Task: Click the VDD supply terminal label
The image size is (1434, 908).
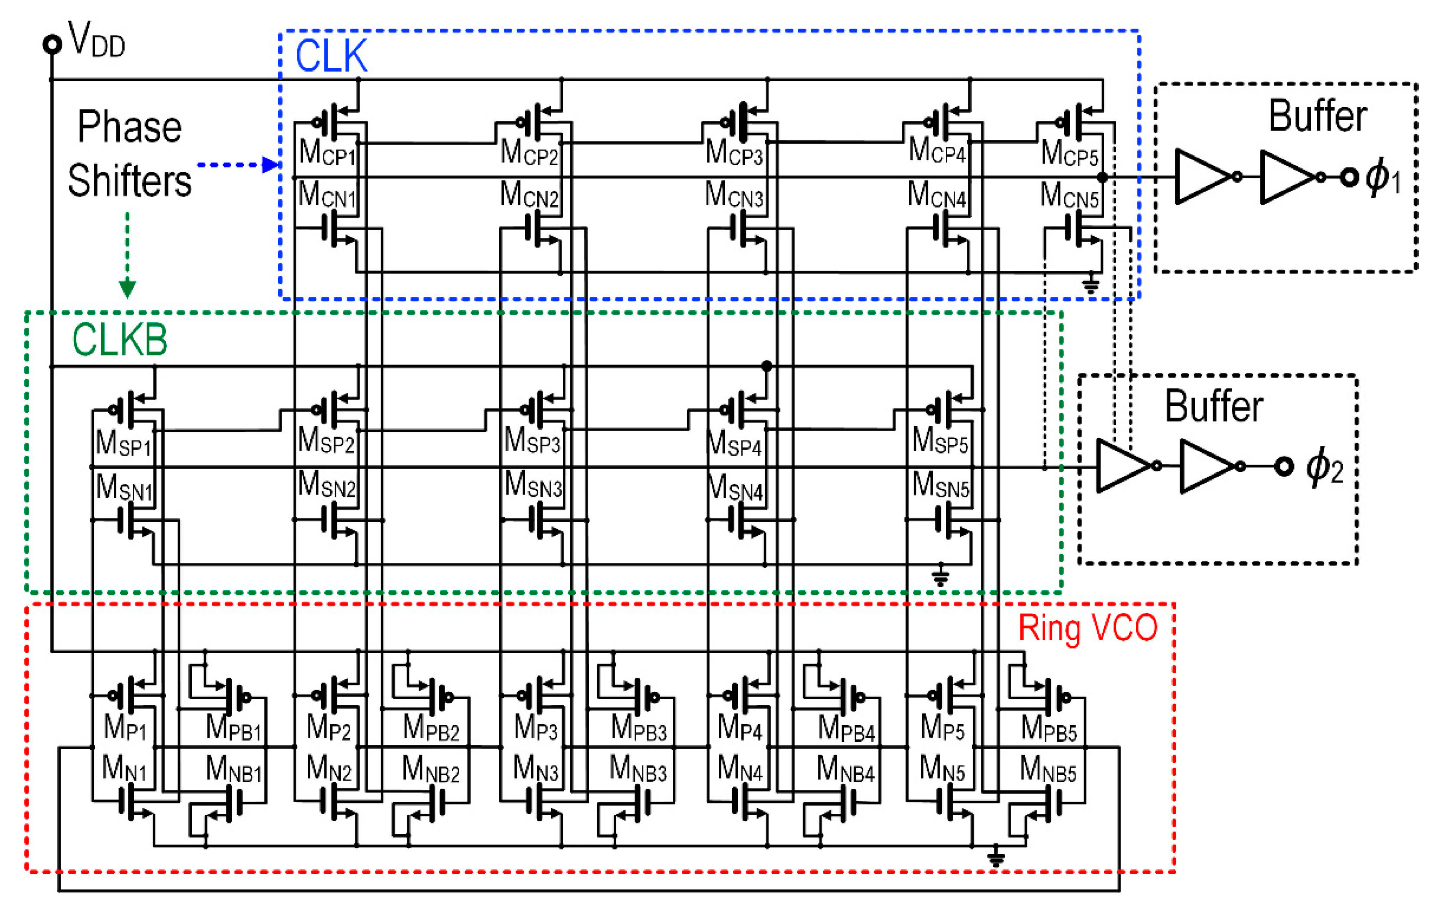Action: tap(95, 40)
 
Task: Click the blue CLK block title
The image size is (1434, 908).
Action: tap(331, 56)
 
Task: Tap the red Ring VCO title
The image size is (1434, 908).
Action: tap(1087, 628)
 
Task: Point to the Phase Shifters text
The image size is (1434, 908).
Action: tap(129, 154)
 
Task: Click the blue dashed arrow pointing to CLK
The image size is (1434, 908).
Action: tap(238, 165)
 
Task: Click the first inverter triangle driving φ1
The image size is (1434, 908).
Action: tap(1200, 177)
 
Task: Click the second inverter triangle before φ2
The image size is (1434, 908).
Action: tap(1205, 466)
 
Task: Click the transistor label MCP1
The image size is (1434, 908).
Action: tap(327, 152)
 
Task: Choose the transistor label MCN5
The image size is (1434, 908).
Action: tap(1069, 196)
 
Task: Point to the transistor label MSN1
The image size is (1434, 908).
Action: tap(124, 488)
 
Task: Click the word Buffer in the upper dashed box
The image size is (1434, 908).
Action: tap(1317, 116)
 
